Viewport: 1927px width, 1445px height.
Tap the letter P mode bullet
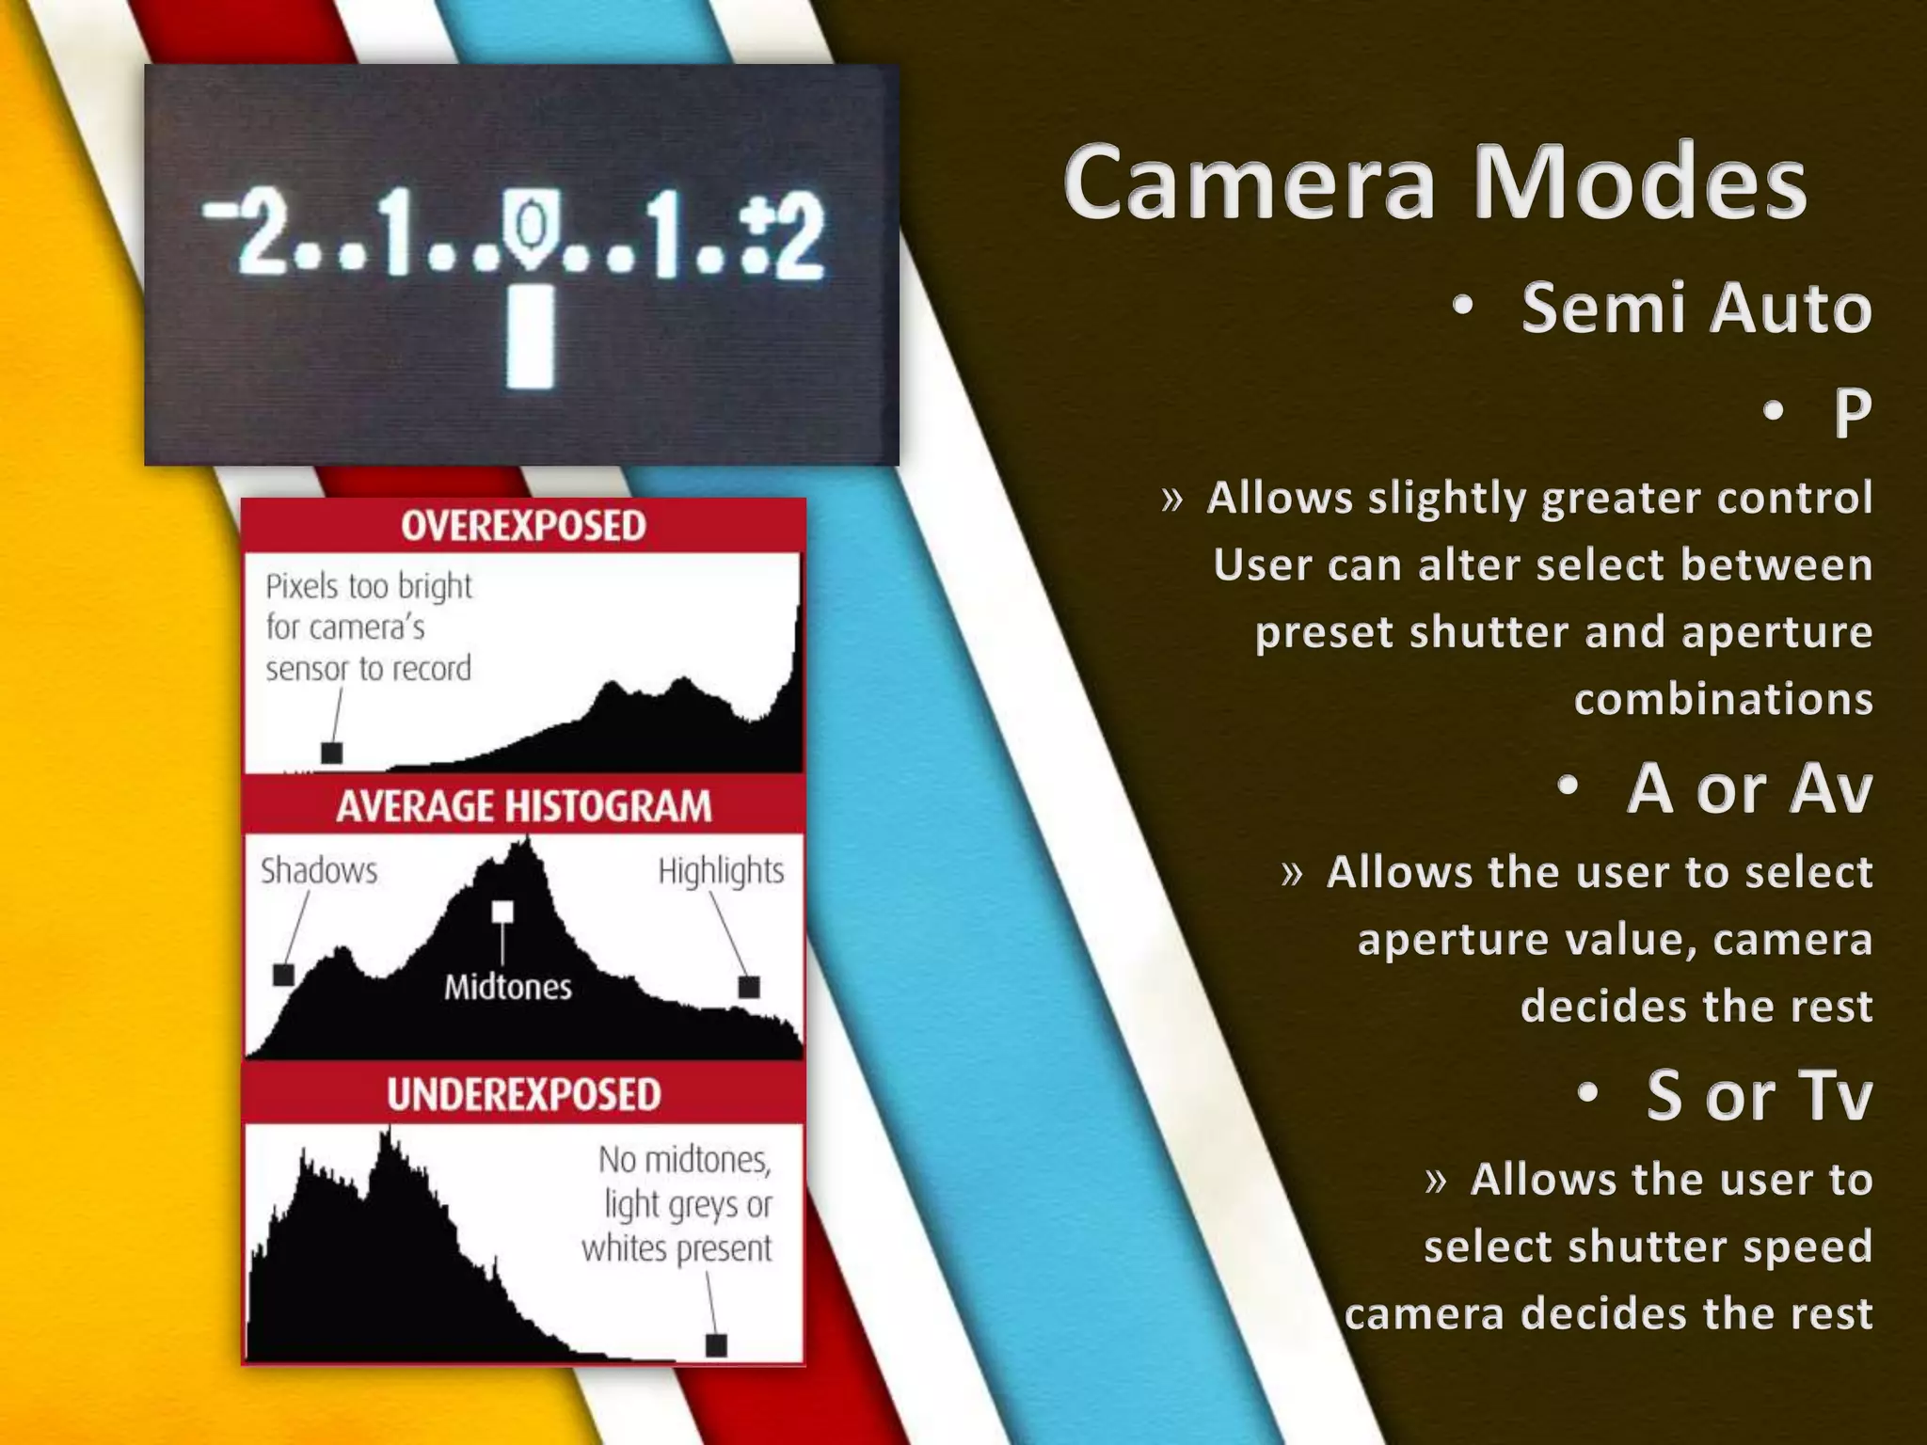click(1852, 411)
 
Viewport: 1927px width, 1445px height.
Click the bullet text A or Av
click(1749, 788)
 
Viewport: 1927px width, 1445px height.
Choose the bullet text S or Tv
click(1759, 1095)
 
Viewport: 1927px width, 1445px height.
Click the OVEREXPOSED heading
click(523, 526)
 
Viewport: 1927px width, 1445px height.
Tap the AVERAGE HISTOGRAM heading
click(523, 806)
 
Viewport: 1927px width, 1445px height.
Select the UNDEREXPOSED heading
click(523, 1094)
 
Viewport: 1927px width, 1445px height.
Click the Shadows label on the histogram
click(319, 870)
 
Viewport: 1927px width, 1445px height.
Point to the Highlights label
click(721, 871)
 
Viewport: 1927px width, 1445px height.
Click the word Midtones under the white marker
click(507, 987)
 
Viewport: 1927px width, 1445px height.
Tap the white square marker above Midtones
click(502, 912)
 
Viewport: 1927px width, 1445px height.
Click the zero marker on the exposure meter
click(531, 226)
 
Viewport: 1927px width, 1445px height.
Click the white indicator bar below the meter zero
click(531, 337)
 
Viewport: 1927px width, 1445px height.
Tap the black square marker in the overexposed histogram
click(331, 753)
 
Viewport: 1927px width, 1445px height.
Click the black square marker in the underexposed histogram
click(716, 1344)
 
